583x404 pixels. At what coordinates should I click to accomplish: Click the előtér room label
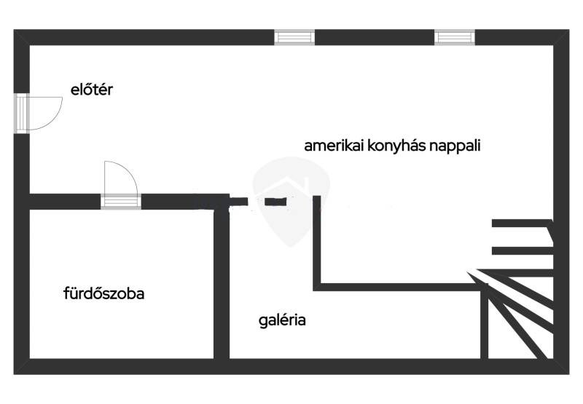[x=93, y=90]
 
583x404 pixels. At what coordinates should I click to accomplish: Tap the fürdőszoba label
[x=103, y=295]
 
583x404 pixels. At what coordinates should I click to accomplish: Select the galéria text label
[x=282, y=320]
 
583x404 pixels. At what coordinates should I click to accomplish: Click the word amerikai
[x=330, y=145]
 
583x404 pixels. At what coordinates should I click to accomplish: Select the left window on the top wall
[x=294, y=36]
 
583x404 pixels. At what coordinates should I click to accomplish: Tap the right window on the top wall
[x=455, y=36]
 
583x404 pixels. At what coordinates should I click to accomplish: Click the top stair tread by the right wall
[x=520, y=224]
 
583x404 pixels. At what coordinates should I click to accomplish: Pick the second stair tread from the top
[x=520, y=251]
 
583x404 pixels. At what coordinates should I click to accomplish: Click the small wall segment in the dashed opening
[x=274, y=202]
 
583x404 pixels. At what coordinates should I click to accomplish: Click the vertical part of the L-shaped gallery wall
[x=317, y=240]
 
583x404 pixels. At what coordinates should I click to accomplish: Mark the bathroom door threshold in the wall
[x=120, y=202]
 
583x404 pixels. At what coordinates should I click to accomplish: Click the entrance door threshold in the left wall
[x=22, y=113]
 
